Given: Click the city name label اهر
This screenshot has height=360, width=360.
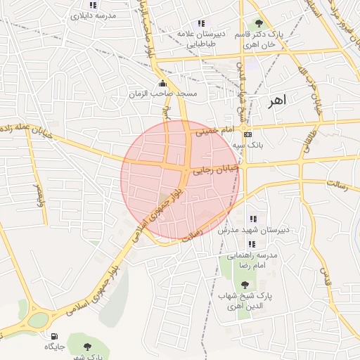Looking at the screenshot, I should click(277, 101).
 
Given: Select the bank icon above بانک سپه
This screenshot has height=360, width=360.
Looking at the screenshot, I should click(247, 134).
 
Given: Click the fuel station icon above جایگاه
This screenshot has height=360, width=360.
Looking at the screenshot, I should click(55, 335).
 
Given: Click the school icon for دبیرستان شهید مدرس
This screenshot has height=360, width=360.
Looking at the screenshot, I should click(252, 219).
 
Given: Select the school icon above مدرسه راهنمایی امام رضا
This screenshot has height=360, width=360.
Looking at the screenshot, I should click(252, 244).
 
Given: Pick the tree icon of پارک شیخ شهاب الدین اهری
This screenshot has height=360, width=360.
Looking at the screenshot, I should click(244, 285).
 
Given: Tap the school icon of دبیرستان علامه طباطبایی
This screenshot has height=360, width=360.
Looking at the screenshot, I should click(202, 23).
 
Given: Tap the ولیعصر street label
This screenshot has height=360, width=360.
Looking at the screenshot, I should click(37, 193).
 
